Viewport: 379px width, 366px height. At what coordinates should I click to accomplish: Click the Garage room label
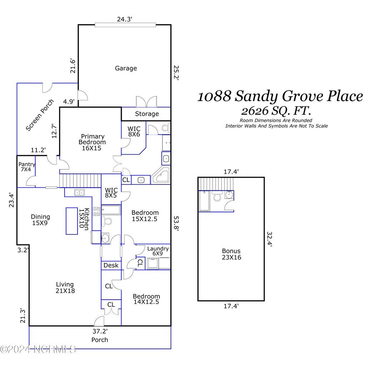coord(125,68)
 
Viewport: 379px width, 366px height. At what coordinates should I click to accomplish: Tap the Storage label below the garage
coord(147,114)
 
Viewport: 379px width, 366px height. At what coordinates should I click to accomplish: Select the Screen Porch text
coord(40,115)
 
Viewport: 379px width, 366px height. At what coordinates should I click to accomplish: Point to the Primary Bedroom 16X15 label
coord(93,142)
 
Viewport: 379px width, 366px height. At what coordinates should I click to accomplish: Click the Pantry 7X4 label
coord(27,167)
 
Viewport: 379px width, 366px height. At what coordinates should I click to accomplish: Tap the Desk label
coord(111,266)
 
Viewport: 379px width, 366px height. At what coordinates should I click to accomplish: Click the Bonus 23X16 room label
coord(231,254)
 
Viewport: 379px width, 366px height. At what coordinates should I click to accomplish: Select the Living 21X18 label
coord(65,287)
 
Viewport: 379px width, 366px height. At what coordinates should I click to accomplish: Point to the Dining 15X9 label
coord(40,219)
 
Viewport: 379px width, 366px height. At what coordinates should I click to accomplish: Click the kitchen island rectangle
coord(72,221)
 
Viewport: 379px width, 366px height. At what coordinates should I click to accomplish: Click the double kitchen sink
coord(79,193)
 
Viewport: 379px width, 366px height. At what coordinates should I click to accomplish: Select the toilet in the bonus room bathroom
coord(217,196)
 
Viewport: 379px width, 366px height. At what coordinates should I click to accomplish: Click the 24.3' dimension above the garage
coord(125,20)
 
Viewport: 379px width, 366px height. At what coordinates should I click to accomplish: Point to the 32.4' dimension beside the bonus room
coord(270,239)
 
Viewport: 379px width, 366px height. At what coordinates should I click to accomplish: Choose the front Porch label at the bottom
coord(99,340)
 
